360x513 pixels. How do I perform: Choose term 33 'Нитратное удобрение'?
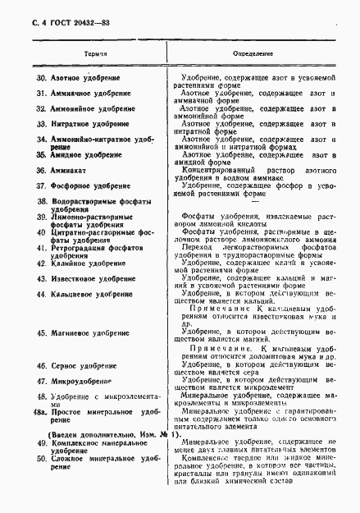click(88, 124)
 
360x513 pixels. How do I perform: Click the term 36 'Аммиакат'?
click(65, 170)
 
